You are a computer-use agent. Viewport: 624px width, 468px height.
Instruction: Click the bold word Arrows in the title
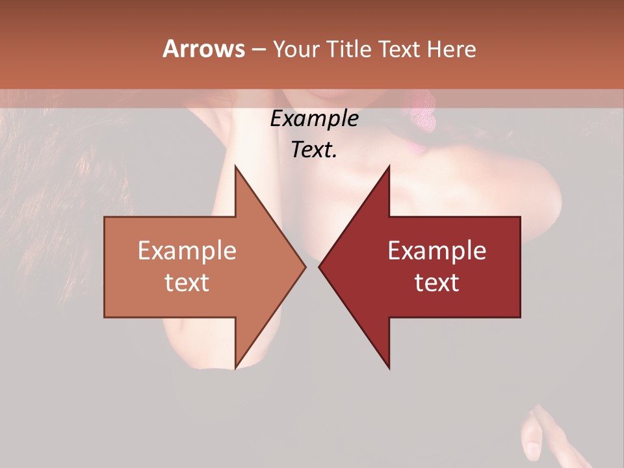pyautogui.click(x=203, y=49)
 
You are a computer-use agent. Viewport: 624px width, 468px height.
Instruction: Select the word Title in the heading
pyautogui.click(x=350, y=49)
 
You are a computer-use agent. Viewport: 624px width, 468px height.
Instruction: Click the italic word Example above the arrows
pyautogui.click(x=314, y=119)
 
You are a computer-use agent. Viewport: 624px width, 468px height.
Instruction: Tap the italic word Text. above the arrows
pyautogui.click(x=314, y=149)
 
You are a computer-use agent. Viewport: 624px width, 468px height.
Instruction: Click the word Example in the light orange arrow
pyautogui.click(x=187, y=250)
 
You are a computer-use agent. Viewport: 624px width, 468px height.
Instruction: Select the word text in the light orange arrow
pyautogui.click(x=187, y=282)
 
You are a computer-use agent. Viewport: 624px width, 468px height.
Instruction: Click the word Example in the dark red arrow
pyautogui.click(x=437, y=250)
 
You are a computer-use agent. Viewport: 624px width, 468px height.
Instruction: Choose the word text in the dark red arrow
pyautogui.click(x=437, y=282)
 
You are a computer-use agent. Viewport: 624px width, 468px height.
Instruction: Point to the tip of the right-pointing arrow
pyautogui.click(x=305, y=266)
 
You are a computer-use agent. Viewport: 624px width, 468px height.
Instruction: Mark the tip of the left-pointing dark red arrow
pyautogui.click(x=319, y=266)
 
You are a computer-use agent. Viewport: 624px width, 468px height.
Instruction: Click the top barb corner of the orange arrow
pyautogui.click(x=235, y=166)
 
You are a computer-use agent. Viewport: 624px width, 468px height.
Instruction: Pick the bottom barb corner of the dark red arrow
pyautogui.click(x=389, y=368)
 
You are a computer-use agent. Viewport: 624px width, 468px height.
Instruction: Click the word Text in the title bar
pyautogui.click(x=400, y=49)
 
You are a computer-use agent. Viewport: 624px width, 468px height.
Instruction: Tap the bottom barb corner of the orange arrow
pyautogui.click(x=235, y=368)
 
